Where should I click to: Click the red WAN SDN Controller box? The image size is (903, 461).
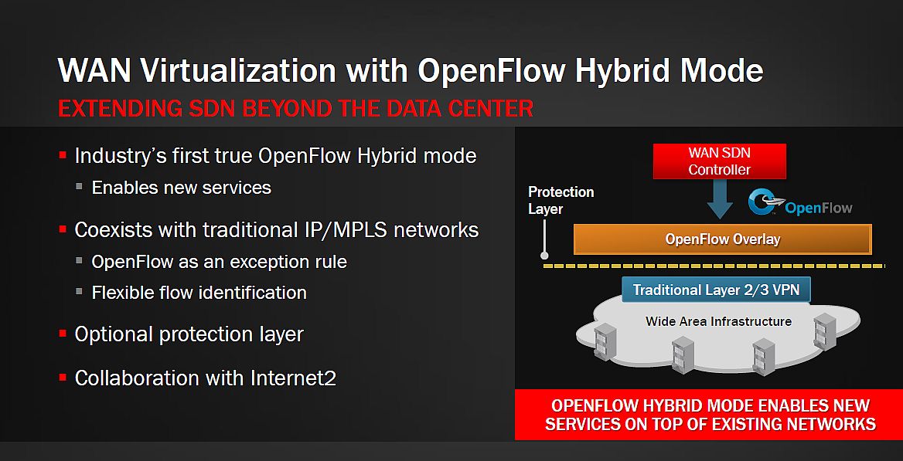tap(719, 161)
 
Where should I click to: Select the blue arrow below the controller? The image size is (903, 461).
tap(719, 199)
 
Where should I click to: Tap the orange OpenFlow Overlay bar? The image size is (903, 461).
tap(723, 239)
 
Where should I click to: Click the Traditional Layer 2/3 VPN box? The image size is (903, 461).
tap(716, 290)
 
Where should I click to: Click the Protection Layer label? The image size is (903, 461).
tap(561, 200)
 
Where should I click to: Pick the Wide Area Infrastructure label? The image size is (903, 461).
tap(718, 321)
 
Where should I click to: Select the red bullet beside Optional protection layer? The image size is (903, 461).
tap(63, 334)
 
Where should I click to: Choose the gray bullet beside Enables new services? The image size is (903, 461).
tap(80, 186)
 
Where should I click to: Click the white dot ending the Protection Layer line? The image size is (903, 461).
tap(544, 256)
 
